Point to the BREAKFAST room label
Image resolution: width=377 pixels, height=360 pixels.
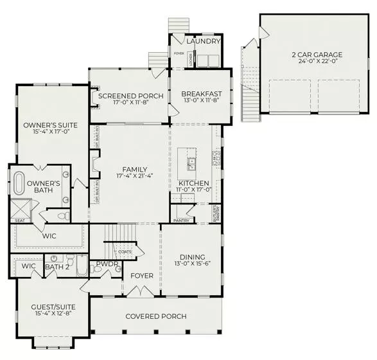coord(201,93)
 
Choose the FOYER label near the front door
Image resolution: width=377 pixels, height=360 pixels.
coord(142,276)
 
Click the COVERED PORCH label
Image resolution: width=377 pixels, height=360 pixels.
coord(156,316)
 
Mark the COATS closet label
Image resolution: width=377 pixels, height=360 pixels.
coord(125,251)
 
